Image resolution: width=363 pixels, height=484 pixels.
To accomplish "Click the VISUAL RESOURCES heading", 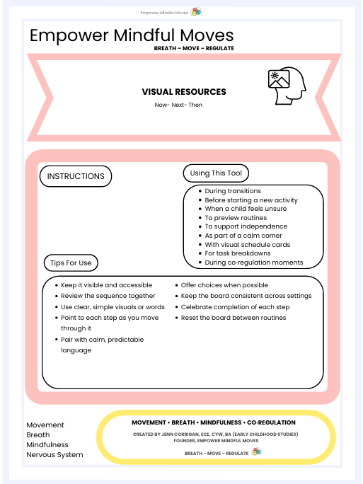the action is coord(184,92).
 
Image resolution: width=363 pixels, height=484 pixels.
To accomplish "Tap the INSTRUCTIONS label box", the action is coord(76,176).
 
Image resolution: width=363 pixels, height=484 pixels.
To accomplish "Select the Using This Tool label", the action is coord(216,173).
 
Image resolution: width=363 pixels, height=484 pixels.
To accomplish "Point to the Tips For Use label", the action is coord(71,263).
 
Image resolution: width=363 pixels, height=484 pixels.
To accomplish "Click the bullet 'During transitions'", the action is coord(233,191).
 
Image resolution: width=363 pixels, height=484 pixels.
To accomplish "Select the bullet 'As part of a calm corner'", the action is coord(243,236).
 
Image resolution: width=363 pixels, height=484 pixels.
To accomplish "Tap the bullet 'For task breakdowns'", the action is coord(238,253).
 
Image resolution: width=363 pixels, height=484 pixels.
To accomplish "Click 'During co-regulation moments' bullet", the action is coord(253,263).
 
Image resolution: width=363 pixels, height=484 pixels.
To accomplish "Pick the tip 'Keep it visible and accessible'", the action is coord(106,285).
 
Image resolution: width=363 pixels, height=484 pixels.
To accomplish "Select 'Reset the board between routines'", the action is coord(234,318).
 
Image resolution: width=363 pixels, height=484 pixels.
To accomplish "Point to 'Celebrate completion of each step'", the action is coord(236,307).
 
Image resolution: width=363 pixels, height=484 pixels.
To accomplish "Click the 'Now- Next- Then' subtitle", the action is coord(178,105).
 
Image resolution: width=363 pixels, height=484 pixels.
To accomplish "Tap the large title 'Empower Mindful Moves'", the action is coord(132,35).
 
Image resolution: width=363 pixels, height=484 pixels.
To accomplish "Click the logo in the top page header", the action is coord(197,11).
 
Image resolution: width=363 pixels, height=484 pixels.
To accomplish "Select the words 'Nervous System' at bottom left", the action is coord(54,455).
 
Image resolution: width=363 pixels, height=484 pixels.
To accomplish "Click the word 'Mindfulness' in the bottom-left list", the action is coord(48,445).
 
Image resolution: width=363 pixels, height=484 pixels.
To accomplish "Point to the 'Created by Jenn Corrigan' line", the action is coord(214,433).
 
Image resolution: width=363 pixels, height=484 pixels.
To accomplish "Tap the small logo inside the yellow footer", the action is coord(256,452).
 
